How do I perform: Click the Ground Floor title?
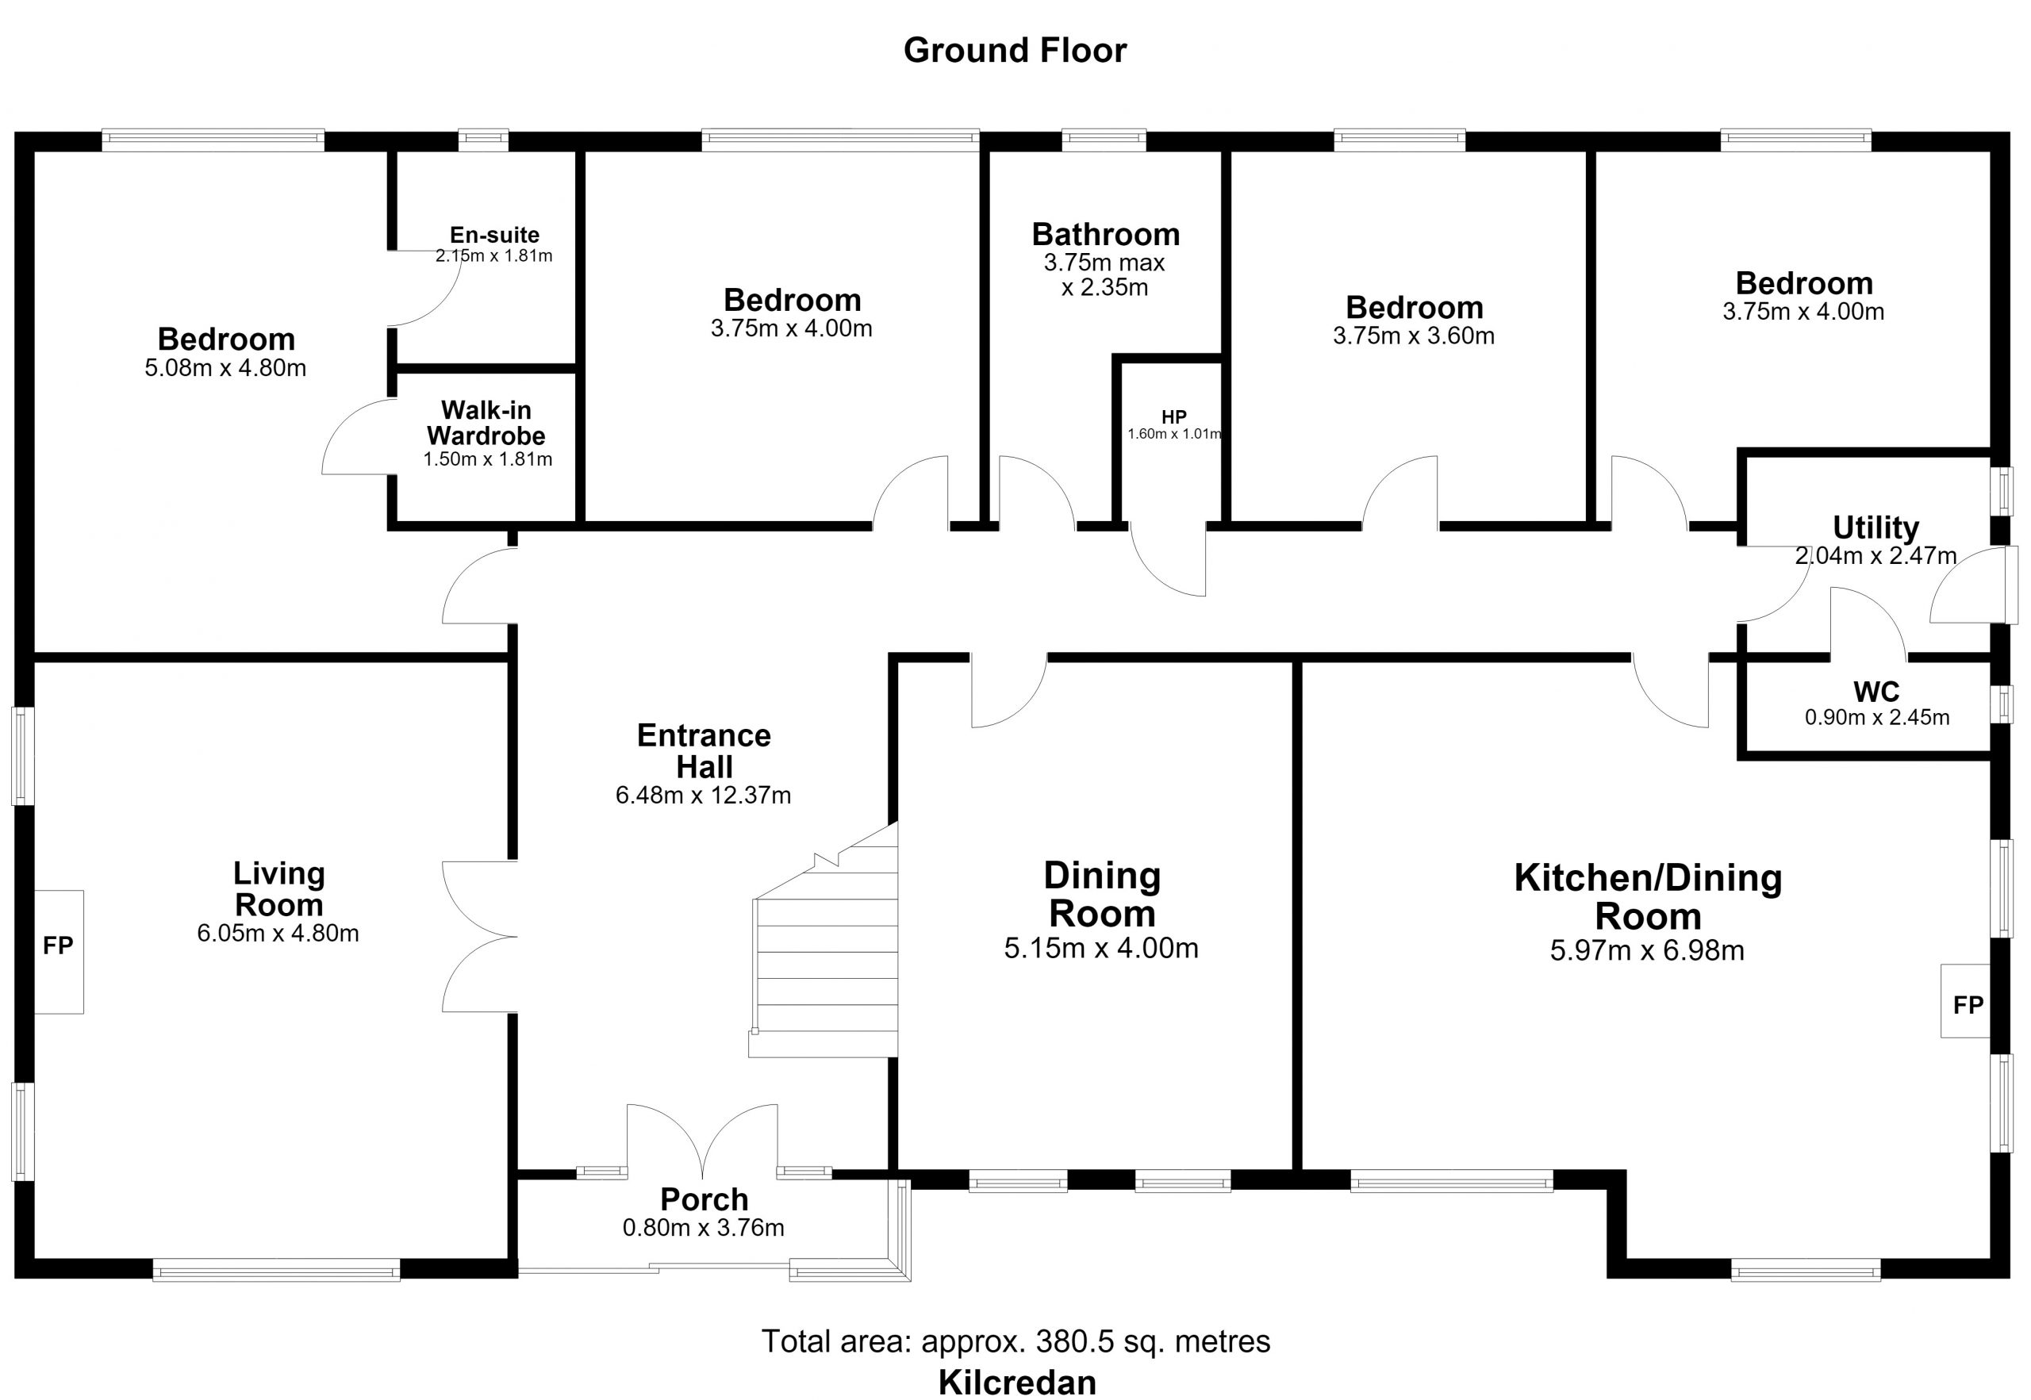[x=1015, y=51]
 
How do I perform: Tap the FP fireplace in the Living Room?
[x=59, y=952]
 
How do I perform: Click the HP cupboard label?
[x=1174, y=416]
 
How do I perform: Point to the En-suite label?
[x=495, y=235]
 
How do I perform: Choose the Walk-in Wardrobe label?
[x=486, y=423]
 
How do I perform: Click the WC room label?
[x=1876, y=692]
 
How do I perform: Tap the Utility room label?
[x=1876, y=527]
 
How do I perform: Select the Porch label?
[x=705, y=1199]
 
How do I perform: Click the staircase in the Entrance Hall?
[x=824, y=947]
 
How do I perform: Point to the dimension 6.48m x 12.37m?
[x=704, y=796]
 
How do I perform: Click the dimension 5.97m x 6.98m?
[x=1648, y=951]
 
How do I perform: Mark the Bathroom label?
[x=1105, y=234]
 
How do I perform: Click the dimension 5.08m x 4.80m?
[x=225, y=367]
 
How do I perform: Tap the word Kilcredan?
[x=1018, y=1383]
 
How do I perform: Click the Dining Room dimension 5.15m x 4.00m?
[x=1101, y=948]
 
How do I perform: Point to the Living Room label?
[x=279, y=888]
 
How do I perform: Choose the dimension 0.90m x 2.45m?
[x=1877, y=718]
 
